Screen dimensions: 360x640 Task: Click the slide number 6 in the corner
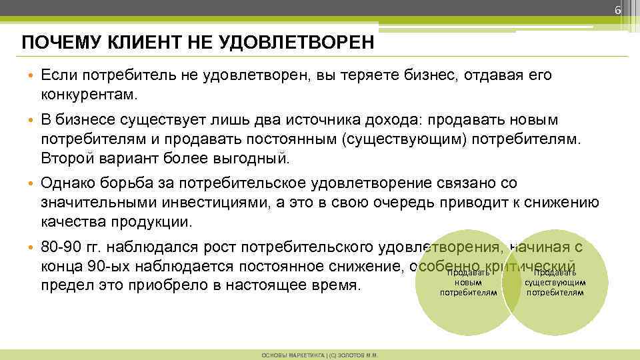[x=617, y=10]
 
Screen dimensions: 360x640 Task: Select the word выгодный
[x=252, y=159]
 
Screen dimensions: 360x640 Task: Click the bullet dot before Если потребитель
[x=31, y=75]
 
